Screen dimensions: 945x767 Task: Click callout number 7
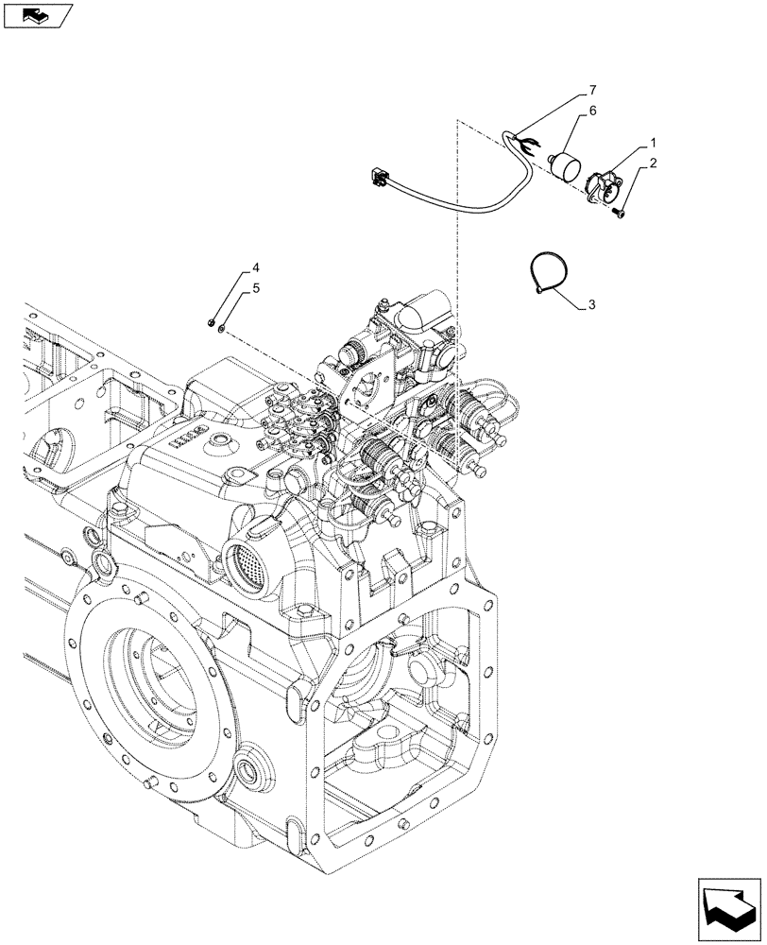(x=592, y=90)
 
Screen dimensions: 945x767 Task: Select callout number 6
(x=592, y=111)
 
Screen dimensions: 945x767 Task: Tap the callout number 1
(x=653, y=143)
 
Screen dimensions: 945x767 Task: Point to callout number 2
(x=653, y=163)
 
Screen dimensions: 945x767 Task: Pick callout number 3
(x=591, y=304)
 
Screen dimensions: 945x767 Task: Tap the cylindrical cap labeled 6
(x=568, y=167)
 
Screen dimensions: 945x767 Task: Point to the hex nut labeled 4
(x=210, y=324)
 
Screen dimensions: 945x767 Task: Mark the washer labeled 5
(x=219, y=328)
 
